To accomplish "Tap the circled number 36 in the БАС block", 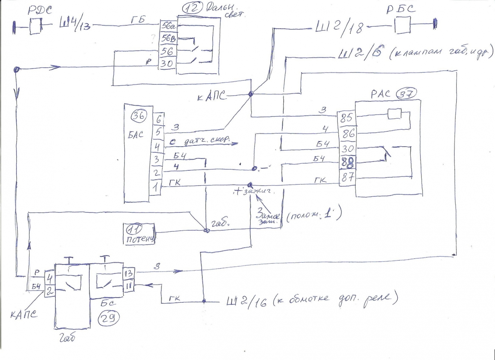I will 138,115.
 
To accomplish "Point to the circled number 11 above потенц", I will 134,229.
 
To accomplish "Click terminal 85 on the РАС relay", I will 346,117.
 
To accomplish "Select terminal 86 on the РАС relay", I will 347,133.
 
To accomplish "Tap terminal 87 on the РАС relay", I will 347,177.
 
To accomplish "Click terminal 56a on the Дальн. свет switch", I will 168,26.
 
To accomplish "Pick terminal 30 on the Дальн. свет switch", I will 167,63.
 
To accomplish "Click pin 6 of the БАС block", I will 158,119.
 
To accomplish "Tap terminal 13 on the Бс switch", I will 129,273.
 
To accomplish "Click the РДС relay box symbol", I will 35,26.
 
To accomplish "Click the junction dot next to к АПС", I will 251,94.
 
